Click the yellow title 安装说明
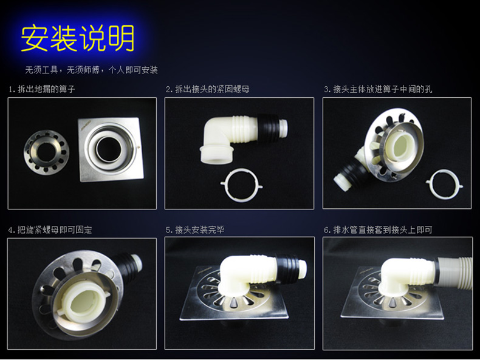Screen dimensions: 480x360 point(77,38)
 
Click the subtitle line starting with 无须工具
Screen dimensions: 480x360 point(91,70)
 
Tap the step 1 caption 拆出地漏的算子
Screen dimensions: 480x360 point(42,89)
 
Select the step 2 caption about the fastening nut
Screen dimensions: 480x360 point(208,89)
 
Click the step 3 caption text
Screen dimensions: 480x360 point(378,89)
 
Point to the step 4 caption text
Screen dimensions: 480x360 point(50,229)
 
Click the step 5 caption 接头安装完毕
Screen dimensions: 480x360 point(195,229)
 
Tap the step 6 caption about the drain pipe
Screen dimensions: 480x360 point(378,229)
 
